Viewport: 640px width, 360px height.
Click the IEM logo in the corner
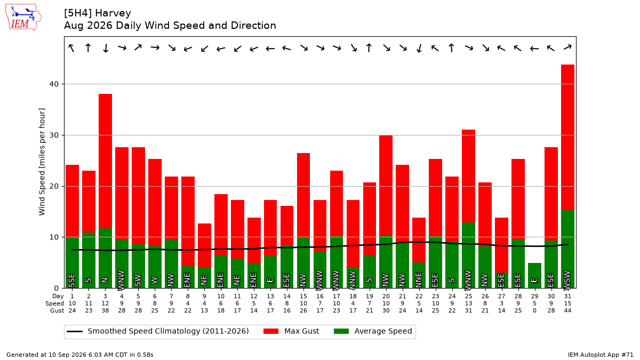(x=23, y=18)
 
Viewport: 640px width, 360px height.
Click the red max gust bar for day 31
(x=567, y=138)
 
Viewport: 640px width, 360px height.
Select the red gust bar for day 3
(x=105, y=161)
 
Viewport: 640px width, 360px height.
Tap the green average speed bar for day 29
(x=534, y=275)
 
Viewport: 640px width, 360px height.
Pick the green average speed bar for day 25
(x=469, y=255)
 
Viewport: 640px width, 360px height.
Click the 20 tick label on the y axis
(x=54, y=186)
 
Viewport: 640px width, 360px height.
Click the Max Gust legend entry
(x=291, y=331)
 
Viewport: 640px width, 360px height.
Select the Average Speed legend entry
(x=373, y=331)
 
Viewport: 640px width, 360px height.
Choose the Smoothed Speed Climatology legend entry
(x=158, y=331)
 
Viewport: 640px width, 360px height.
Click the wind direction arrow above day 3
(x=106, y=48)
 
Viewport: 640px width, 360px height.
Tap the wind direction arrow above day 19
(x=369, y=48)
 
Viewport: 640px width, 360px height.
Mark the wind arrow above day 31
(x=567, y=47)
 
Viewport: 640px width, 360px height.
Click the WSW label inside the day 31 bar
(x=567, y=279)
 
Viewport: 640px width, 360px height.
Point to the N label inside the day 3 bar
(x=105, y=280)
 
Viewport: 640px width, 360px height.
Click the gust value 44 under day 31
(x=567, y=310)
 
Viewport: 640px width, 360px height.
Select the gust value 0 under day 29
(x=534, y=310)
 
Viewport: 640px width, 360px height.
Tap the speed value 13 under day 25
(x=469, y=303)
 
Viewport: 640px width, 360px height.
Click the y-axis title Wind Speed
(x=42, y=162)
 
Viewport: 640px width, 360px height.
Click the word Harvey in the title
(x=113, y=13)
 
